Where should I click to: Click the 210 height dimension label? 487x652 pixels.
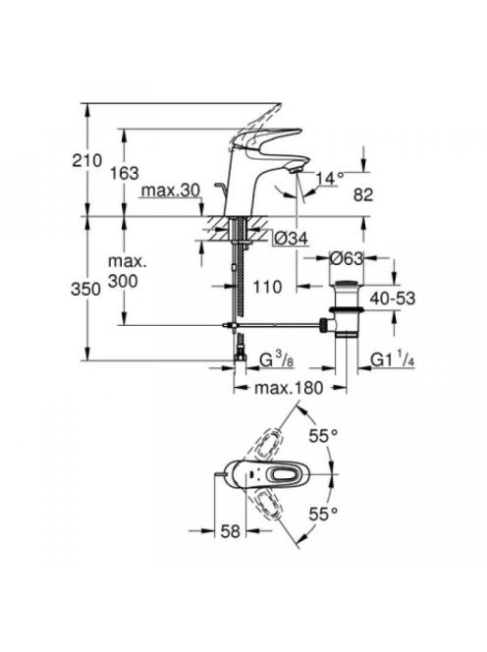(x=87, y=160)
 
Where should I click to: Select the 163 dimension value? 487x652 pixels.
(x=124, y=173)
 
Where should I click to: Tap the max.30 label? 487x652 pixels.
(x=171, y=190)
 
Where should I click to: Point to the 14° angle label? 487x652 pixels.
(x=330, y=179)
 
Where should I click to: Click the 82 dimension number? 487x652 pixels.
(x=363, y=194)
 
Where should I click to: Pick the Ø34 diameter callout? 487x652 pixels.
(x=292, y=239)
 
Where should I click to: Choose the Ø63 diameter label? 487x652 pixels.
(x=347, y=258)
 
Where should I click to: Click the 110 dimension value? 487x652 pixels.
(x=267, y=287)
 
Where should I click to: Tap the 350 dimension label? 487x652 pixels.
(x=85, y=290)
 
